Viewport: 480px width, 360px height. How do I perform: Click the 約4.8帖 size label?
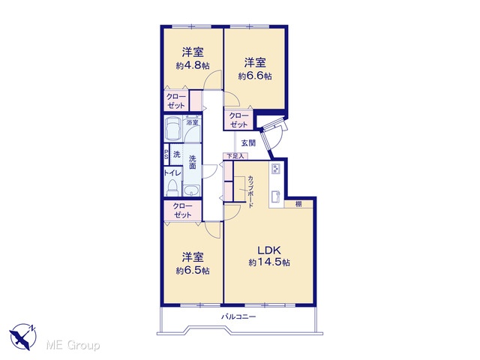point(193,66)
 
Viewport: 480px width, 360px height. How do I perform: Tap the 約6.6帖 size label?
point(255,76)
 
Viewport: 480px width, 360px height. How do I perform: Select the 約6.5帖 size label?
point(193,271)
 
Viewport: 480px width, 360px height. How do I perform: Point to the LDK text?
point(269,250)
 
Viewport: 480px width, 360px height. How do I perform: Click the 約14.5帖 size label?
point(269,262)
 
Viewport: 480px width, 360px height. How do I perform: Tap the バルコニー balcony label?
point(238,316)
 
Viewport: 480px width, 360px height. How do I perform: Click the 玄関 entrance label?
point(248,143)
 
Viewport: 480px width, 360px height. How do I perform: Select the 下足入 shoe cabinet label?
point(235,156)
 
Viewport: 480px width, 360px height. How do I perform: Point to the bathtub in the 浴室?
point(173,128)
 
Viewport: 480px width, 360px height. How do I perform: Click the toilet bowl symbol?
point(172,188)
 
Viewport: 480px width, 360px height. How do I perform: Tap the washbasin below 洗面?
point(192,190)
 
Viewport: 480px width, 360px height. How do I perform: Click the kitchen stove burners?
point(277,169)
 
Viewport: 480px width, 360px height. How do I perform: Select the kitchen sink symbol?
point(277,196)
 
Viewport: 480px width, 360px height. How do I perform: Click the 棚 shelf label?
point(298,204)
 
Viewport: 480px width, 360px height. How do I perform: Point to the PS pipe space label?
point(166,154)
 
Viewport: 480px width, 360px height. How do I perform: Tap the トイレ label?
point(172,172)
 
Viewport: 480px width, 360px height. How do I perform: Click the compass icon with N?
point(23,337)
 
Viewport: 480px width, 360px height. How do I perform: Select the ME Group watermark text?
point(73,345)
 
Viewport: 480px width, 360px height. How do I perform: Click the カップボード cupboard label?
point(250,192)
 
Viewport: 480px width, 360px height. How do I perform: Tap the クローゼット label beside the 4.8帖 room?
point(176,101)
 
